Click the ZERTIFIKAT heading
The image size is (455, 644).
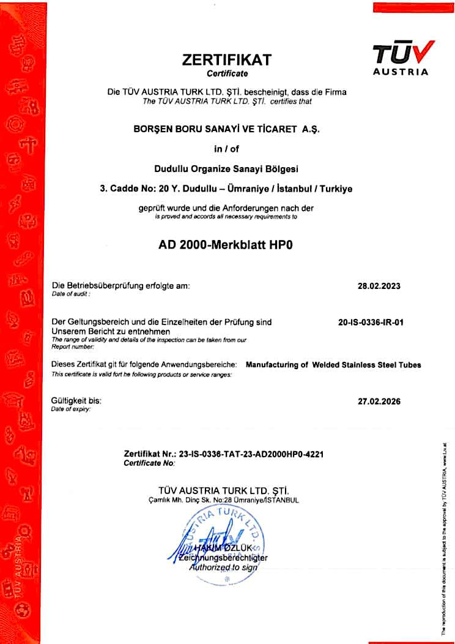tap(227, 60)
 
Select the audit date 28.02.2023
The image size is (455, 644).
tap(379, 286)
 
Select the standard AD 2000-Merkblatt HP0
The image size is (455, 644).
tap(226, 242)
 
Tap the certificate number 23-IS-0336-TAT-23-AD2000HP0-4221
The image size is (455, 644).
tap(251, 455)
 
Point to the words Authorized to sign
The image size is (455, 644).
tap(224, 567)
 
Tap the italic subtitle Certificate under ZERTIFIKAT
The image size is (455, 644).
tap(227, 74)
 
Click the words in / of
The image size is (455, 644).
tap(227, 148)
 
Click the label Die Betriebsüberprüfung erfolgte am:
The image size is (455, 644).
tap(121, 286)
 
